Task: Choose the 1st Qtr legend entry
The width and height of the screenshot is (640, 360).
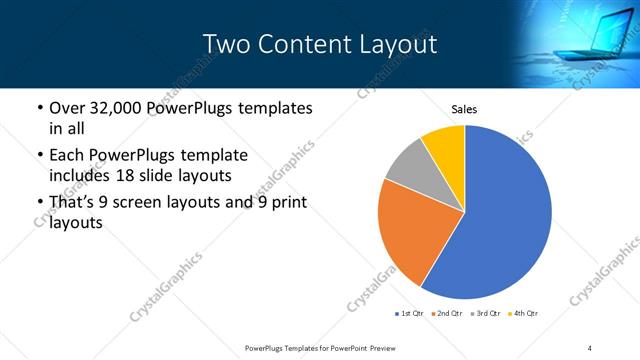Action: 411,314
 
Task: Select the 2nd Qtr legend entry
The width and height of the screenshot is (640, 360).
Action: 447,314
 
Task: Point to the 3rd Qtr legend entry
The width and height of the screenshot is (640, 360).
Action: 484,314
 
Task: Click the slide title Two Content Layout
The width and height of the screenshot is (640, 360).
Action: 320,44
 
